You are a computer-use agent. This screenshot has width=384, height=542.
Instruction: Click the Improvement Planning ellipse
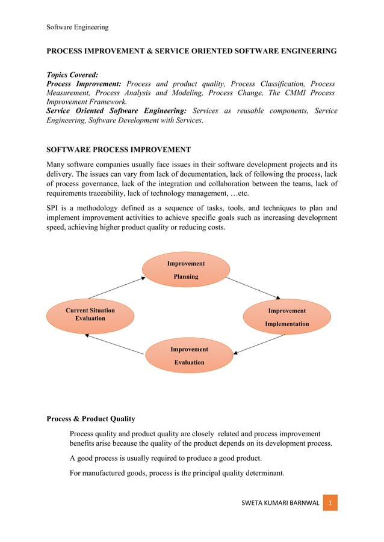pyautogui.click(x=186, y=270)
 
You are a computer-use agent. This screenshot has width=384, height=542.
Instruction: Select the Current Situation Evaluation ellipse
pyautogui.click(x=90, y=315)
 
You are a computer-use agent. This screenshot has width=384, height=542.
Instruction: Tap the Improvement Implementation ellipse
pyautogui.click(x=286, y=317)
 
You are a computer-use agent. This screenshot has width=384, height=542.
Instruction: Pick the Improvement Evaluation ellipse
pyautogui.click(x=189, y=356)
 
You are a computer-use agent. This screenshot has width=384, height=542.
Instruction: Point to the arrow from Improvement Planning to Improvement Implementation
pyautogui.click(x=253, y=287)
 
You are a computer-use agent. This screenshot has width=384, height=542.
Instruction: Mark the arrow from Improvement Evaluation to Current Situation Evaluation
pyautogui.click(x=114, y=344)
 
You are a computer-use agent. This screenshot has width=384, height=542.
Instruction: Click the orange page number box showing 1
pyautogui.click(x=329, y=502)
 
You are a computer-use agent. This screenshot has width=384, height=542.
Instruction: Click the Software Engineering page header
pyautogui.click(x=78, y=27)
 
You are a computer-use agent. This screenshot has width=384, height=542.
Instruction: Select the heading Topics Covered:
pyautogui.click(x=72, y=75)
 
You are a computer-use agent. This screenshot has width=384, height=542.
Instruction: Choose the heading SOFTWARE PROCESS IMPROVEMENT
pyautogui.click(x=119, y=150)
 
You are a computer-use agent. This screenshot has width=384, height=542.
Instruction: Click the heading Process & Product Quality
pyautogui.click(x=91, y=419)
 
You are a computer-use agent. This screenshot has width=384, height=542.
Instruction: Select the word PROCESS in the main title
pyautogui.click(x=67, y=51)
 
